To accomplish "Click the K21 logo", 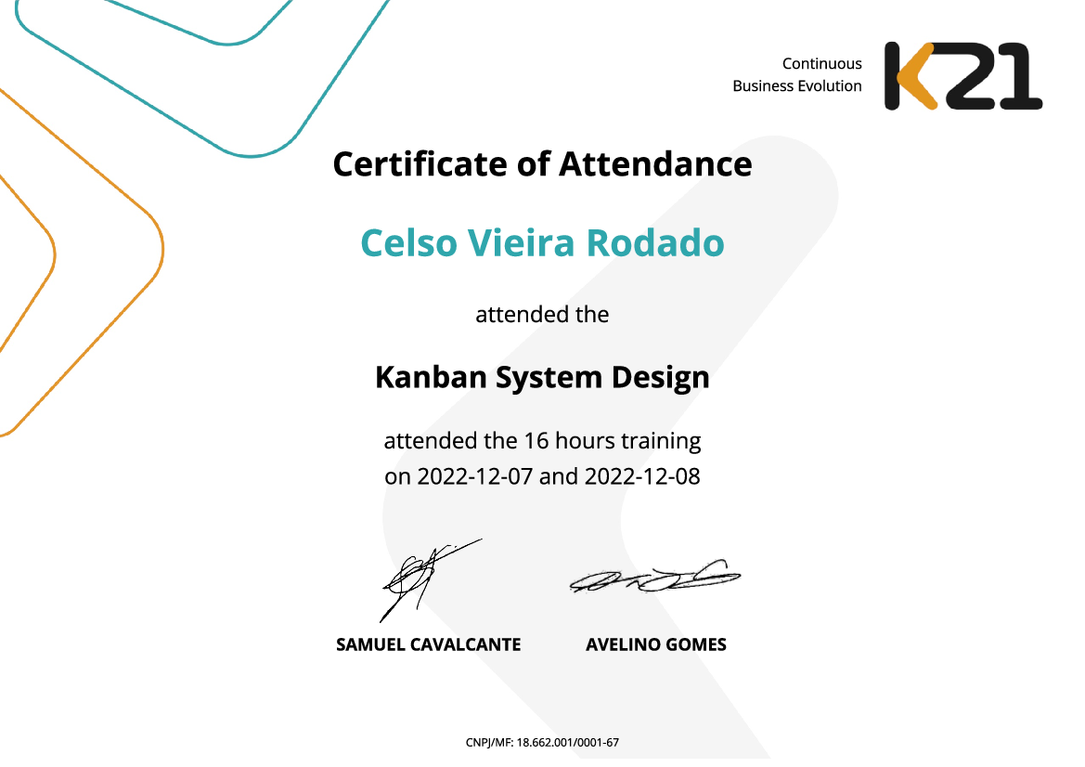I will coord(962,76).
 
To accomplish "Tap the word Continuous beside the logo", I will coord(821,64).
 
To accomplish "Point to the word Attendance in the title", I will coord(654,164).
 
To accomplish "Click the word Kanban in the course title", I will coord(423,377).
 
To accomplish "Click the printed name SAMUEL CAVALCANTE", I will coord(428,644).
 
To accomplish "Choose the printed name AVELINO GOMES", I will coord(655,644).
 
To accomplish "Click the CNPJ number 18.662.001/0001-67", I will coord(568,743).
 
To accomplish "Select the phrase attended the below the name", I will coord(542,315).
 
